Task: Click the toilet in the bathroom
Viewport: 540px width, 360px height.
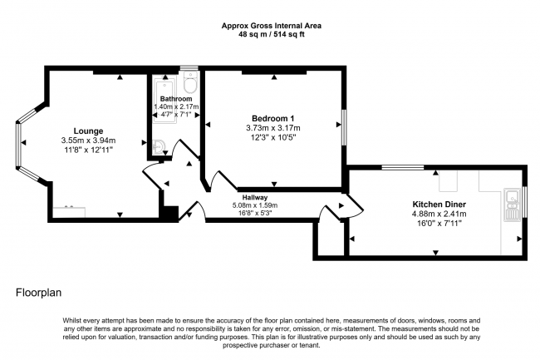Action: click(190, 83)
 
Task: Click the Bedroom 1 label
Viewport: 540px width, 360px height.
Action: click(272, 117)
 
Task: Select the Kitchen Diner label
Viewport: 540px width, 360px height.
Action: click(440, 203)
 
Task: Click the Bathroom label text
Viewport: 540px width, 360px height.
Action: click(176, 99)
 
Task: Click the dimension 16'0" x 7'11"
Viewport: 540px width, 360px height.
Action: click(440, 224)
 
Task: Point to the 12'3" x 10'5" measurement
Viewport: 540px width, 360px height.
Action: click(272, 137)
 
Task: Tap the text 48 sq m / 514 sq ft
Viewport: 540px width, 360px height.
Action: click(271, 34)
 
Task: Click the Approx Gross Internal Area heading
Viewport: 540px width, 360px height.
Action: click(271, 25)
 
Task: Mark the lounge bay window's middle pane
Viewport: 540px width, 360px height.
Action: click(17, 146)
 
